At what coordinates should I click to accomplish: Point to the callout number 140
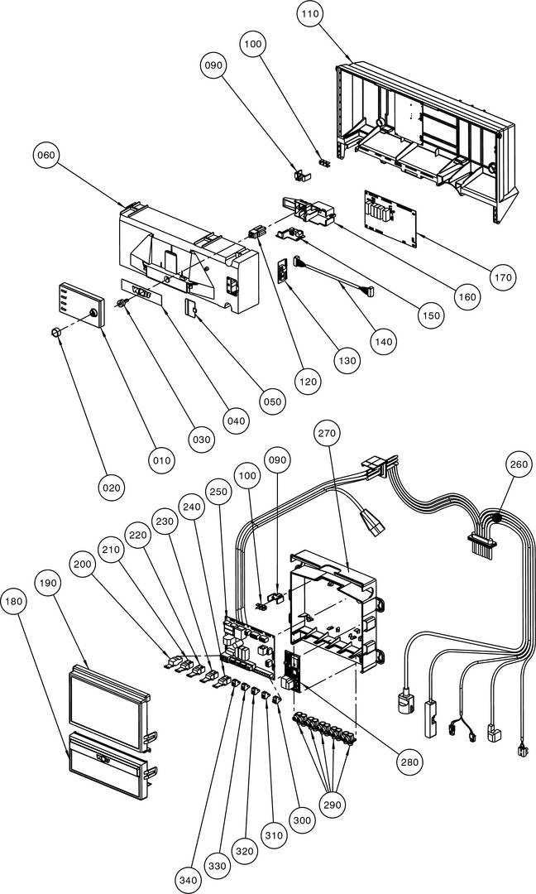tap(384, 340)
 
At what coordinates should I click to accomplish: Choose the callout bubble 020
tap(111, 488)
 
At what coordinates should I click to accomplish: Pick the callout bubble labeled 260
tap(519, 464)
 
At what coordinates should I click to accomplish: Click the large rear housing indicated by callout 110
tap(422, 132)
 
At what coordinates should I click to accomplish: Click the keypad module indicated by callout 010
tap(79, 305)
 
